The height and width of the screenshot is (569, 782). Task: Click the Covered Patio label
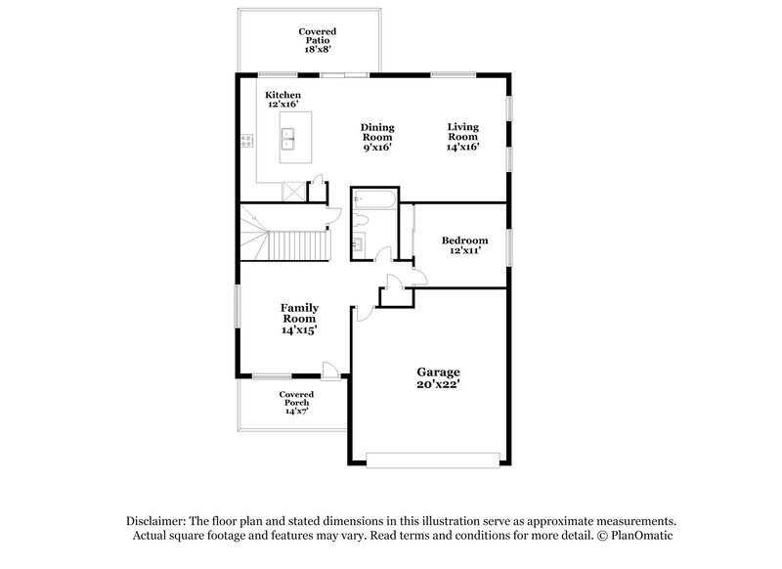point(317,37)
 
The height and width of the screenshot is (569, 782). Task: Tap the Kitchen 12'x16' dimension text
point(282,103)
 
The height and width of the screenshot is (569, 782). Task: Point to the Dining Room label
point(377,133)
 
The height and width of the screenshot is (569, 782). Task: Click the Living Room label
point(463,133)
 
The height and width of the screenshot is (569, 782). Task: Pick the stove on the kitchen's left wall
point(246,141)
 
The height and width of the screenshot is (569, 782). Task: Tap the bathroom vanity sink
point(358,243)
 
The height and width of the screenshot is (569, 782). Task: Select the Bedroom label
point(464,240)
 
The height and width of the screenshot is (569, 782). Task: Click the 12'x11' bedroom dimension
point(464,250)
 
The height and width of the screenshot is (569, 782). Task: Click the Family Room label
point(299,314)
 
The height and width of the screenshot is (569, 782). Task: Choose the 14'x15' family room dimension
point(299,329)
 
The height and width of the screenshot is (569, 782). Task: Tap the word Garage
point(438,372)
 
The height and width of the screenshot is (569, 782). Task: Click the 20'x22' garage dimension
point(438,384)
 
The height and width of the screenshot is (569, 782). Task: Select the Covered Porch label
point(296,399)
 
